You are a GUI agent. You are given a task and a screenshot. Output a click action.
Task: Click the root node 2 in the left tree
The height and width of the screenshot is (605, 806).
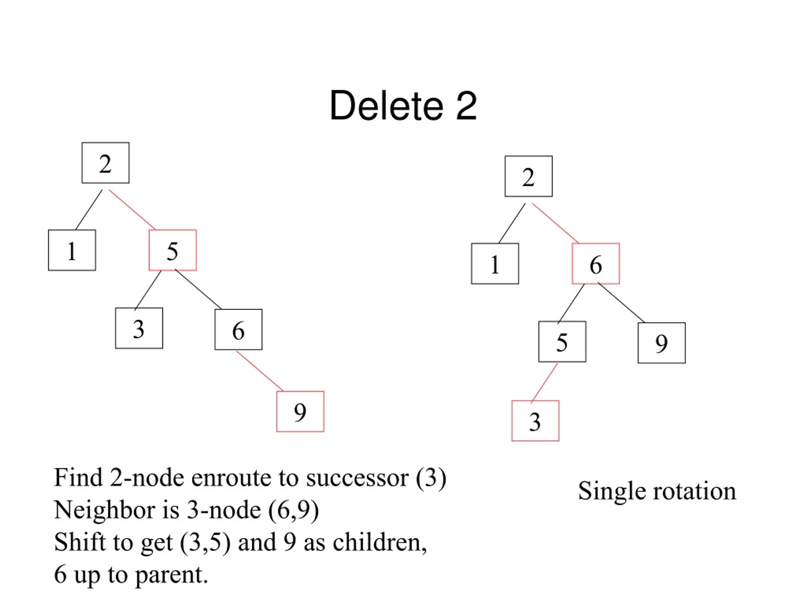point(105,163)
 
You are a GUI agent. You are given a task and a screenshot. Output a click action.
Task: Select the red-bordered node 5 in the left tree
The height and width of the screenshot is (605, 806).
point(173,250)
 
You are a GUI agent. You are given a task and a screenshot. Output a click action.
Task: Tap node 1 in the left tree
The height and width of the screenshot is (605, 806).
point(72,250)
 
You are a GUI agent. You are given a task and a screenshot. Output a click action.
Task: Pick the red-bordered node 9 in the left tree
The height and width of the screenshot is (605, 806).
point(300,411)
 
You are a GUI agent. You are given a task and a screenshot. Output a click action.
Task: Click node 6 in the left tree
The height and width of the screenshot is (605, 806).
point(238,330)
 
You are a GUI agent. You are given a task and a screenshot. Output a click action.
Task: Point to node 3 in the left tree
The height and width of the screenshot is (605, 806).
point(139,328)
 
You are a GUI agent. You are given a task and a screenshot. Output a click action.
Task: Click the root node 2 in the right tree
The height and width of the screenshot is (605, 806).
point(528,176)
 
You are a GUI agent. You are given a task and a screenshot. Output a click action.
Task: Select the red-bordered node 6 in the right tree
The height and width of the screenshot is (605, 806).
point(596,264)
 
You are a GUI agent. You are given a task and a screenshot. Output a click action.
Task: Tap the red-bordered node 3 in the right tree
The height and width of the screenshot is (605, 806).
point(535,421)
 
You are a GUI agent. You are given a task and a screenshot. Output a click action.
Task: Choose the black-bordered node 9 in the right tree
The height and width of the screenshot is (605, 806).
point(662,343)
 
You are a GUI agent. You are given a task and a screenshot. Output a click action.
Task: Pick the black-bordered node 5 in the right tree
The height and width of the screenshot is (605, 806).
point(562,342)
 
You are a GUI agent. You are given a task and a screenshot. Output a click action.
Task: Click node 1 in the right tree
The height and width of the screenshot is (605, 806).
point(495,264)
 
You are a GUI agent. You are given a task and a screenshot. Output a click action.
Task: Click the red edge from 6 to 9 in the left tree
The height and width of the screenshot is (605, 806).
point(260,371)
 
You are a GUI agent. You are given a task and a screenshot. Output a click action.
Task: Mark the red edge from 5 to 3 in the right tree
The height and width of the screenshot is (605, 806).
point(544,383)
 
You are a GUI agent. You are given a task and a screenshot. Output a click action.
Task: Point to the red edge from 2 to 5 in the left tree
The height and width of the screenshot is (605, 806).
point(132,210)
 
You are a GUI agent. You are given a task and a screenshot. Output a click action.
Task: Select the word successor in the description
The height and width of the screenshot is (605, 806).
point(357,478)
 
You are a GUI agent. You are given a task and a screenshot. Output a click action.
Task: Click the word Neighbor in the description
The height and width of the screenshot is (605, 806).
point(105,510)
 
